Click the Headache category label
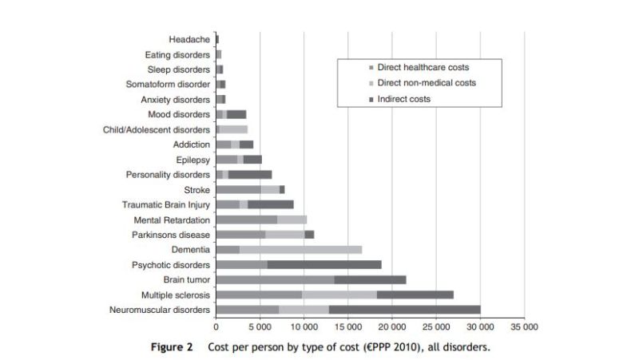click(189, 39)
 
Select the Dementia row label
click(189, 250)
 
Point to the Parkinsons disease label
click(171, 235)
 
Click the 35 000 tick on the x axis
click(524, 326)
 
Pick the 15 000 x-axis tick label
click(347, 326)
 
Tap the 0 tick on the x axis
click(216, 326)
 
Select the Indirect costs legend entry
click(404, 99)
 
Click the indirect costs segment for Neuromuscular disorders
click(404, 309)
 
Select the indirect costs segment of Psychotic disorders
click(324, 264)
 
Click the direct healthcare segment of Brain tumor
click(275, 279)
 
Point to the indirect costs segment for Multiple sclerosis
click(415, 295)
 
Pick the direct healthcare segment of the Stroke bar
click(238, 189)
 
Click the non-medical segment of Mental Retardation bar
click(292, 220)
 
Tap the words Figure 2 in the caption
click(172, 348)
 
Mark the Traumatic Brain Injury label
click(166, 204)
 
